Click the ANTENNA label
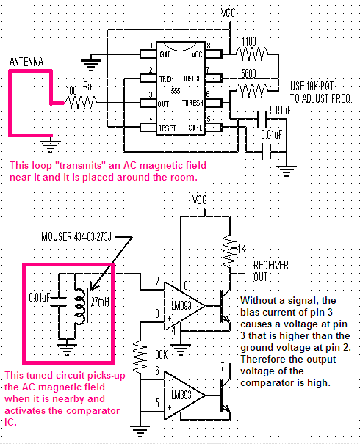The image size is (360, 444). [26, 62]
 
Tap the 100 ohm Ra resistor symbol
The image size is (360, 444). [81, 103]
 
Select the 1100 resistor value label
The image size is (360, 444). [249, 42]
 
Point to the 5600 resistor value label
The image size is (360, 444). [248, 73]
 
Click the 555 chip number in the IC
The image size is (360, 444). [176, 91]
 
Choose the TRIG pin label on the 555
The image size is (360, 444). [165, 79]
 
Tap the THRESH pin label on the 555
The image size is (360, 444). [192, 103]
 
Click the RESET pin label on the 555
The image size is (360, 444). [168, 128]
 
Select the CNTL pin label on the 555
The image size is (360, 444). [195, 128]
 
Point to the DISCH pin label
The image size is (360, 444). [192, 79]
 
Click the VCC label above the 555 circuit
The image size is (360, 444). [228, 12]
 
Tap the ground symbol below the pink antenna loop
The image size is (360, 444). [51, 145]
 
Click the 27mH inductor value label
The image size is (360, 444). [100, 302]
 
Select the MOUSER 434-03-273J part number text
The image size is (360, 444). [76, 237]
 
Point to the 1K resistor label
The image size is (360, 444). [242, 250]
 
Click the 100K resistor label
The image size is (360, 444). [160, 354]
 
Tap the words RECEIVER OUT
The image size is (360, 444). [270, 272]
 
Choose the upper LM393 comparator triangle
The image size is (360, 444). [184, 306]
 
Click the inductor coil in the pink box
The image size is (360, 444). [80, 306]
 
